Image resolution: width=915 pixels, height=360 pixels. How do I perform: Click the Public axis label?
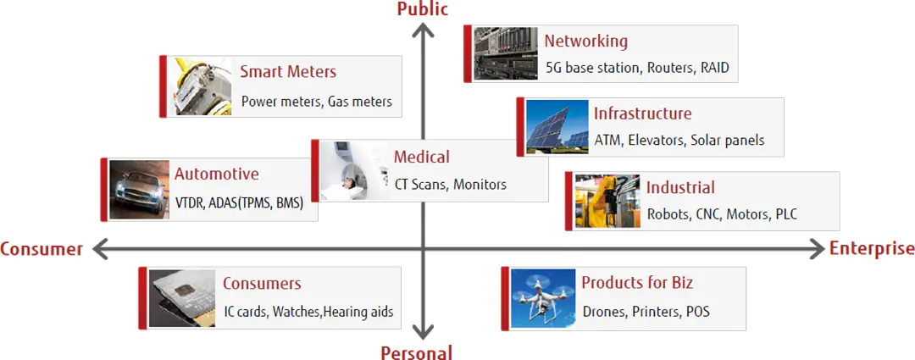point(423,8)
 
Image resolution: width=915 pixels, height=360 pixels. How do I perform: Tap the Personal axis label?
point(417,352)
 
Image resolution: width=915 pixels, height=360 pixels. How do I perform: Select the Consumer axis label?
point(42,250)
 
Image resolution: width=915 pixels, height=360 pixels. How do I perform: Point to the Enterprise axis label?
point(872,249)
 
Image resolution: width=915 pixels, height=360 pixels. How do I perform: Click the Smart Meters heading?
point(288,72)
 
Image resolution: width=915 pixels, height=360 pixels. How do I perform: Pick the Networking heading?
point(586,42)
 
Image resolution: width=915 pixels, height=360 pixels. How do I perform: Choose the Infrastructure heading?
point(642,114)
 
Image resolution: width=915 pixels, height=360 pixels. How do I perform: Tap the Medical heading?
point(422,157)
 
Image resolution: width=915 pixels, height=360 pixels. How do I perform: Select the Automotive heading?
point(217,174)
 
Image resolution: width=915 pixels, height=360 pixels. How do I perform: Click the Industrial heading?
point(680,187)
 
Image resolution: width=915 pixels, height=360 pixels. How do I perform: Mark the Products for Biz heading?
point(637,283)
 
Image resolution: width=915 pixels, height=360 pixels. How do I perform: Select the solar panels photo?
point(557,126)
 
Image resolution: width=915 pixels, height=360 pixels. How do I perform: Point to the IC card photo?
point(182,298)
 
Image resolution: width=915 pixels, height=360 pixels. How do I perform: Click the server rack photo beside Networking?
point(505,53)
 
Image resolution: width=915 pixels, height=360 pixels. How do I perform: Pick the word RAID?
point(715,68)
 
